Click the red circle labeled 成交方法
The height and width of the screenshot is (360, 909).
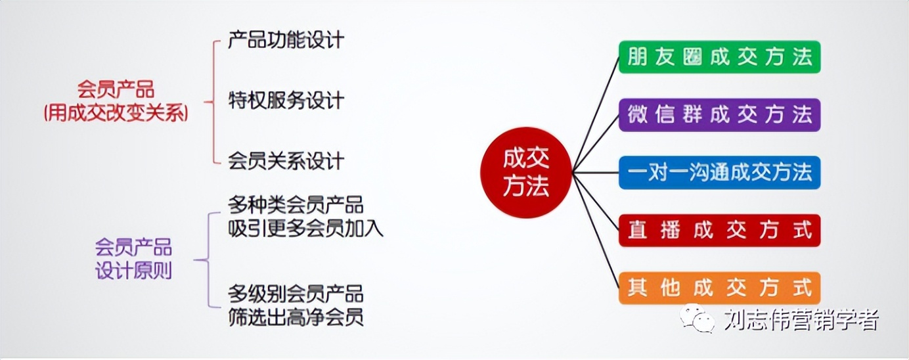(x=526, y=173)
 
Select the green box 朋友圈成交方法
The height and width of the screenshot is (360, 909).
(x=719, y=57)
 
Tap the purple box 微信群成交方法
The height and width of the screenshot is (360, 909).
(x=719, y=115)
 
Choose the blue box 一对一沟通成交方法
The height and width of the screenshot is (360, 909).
(x=719, y=173)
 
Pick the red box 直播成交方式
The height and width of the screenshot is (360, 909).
(x=719, y=231)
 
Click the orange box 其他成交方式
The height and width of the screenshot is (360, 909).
(x=719, y=288)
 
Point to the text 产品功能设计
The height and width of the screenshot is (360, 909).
(x=286, y=40)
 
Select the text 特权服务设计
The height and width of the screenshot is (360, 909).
(x=286, y=101)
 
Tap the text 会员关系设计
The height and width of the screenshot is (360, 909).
(x=286, y=161)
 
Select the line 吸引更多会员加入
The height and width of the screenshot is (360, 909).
(x=305, y=228)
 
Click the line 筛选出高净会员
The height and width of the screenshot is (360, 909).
(x=296, y=318)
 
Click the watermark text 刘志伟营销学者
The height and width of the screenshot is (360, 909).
(x=801, y=320)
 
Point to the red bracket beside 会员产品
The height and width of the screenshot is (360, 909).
(x=213, y=102)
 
